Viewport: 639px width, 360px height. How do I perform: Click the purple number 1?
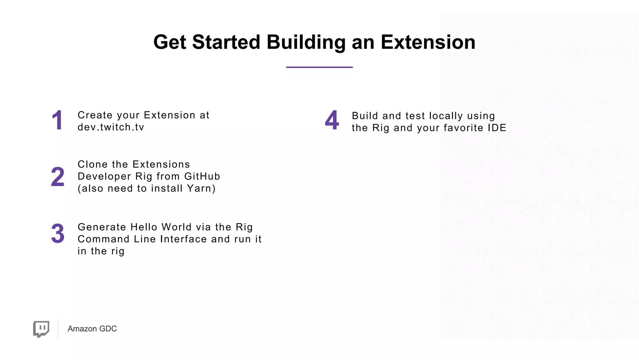tap(57, 121)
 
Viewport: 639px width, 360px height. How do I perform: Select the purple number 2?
tap(58, 177)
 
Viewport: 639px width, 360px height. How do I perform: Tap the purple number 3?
tap(58, 234)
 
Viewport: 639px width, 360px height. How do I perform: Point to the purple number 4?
tap(332, 120)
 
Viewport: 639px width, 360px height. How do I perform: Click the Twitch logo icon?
tap(41, 329)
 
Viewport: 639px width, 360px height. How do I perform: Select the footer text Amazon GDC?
tap(92, 329)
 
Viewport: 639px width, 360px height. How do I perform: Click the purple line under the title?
tap(319, 67)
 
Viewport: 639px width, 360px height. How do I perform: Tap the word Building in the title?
tap(306, 42)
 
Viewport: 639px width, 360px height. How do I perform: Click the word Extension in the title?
tap(428, 42)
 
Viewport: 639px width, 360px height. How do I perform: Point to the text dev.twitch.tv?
tap(111, 127)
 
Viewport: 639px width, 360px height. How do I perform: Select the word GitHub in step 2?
tap(202, 176)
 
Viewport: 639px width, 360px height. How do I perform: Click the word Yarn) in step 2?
tap(201, 189)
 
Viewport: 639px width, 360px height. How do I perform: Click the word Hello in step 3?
tap(144, 227)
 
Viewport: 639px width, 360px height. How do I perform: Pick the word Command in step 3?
tap(104, 239)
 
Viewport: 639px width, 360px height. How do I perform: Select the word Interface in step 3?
tap(183, 239)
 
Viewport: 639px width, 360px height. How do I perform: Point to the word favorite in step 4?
tap(463, 128)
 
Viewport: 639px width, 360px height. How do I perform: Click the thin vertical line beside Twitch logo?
tap(58, 328)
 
